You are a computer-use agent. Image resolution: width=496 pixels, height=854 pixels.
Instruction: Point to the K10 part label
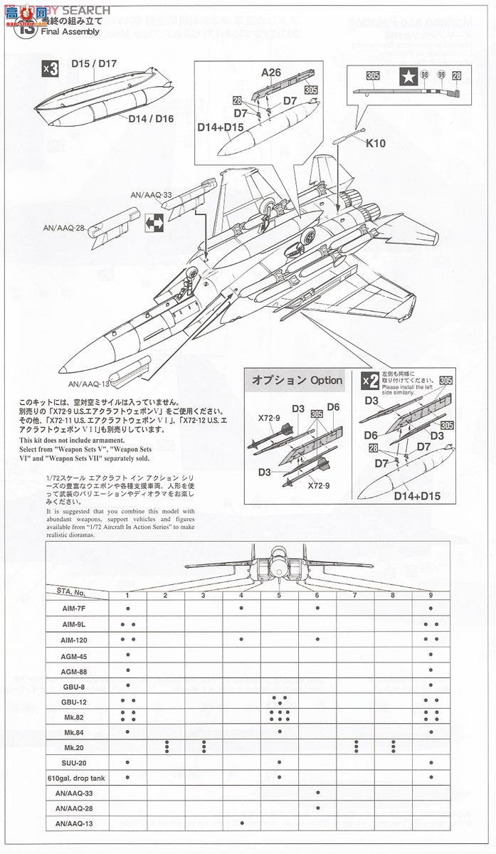tap(376, 143)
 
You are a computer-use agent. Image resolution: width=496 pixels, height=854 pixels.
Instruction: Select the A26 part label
tap(271, 73)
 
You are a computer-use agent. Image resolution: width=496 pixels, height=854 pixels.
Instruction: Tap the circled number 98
tap(425, 75)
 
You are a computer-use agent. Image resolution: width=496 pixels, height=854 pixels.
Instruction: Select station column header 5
tap(279, 595)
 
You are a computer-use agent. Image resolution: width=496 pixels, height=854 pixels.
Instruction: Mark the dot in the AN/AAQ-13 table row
tap(242, 824)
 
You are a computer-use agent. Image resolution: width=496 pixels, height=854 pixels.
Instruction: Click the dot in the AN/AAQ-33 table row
tap(317, 793)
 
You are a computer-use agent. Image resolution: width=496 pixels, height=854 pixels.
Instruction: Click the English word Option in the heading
tap(326, 380)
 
